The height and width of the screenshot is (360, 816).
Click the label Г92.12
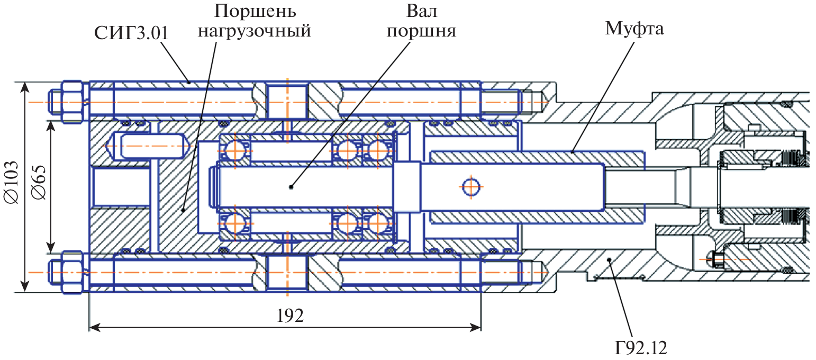coord(640,348)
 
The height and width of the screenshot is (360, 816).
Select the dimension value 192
coord(290,316)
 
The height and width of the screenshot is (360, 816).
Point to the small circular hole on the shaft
coord(470,186)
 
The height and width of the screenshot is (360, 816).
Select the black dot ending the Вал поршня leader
coord(291,186)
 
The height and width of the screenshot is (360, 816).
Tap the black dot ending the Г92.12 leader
coord(610,259)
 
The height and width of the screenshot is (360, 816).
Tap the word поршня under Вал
coord(421,31)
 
